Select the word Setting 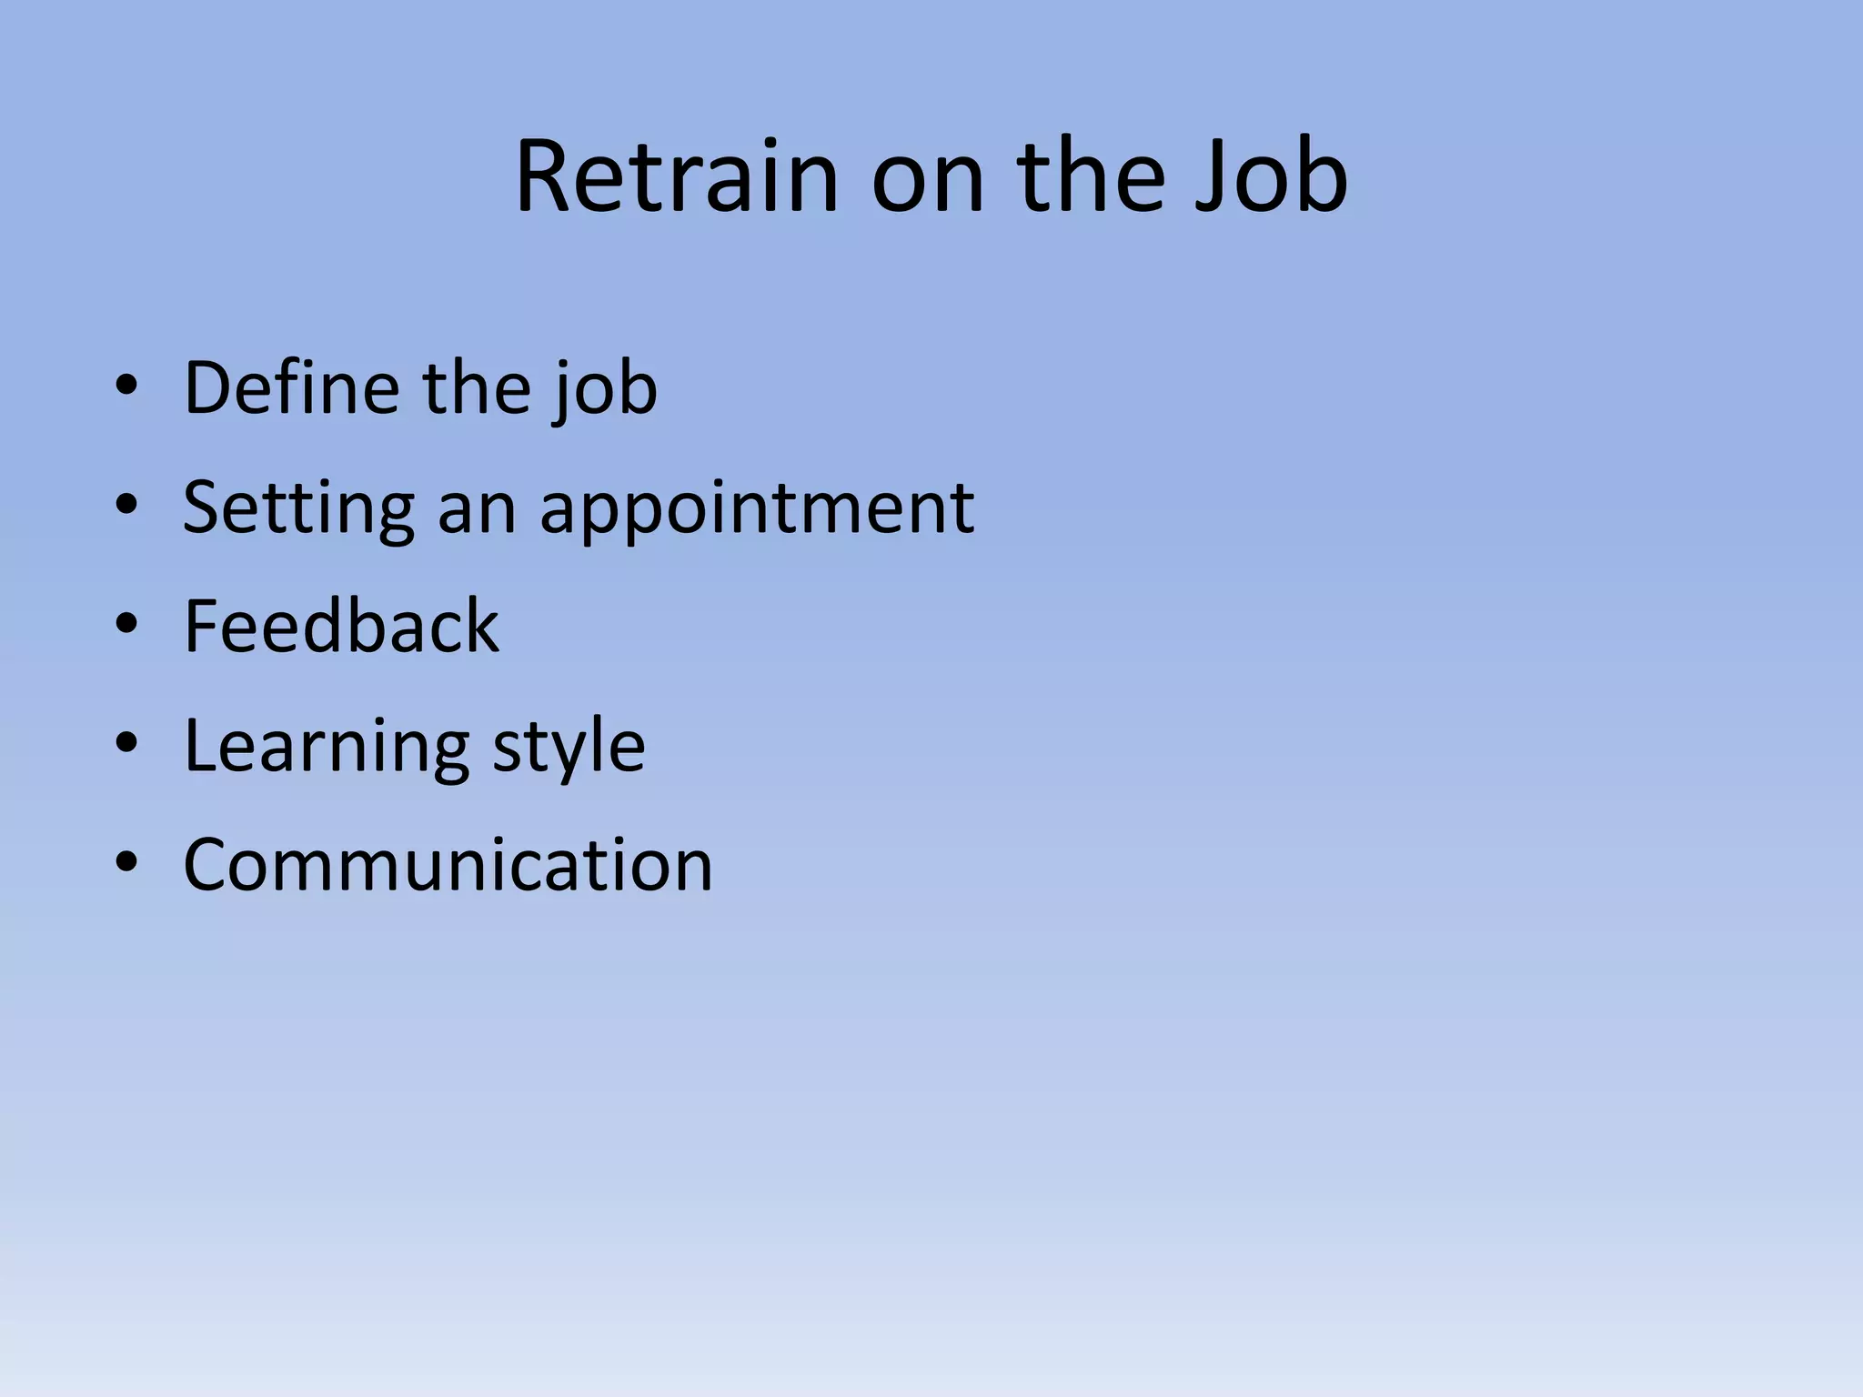298,508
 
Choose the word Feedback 341,626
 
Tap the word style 569,746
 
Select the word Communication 448,864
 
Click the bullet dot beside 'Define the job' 126,386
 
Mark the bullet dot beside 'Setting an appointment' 126,505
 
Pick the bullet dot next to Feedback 126,624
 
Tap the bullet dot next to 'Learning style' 126,743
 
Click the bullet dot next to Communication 126,862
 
